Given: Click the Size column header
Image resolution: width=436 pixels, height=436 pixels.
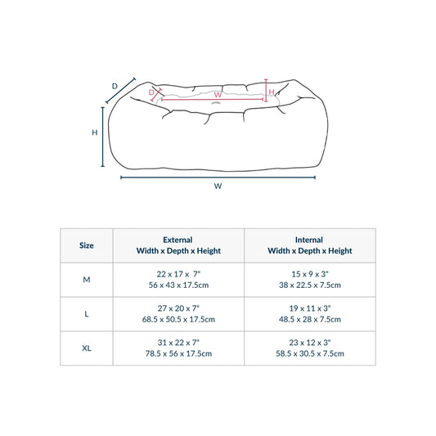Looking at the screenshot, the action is pos(87,245).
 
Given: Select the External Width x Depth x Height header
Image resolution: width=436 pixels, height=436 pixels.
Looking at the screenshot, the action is pos(178,245).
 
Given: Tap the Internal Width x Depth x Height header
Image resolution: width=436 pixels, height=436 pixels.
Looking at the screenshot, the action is pos(310,245).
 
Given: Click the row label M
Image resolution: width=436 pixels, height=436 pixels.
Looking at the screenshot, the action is pos(87,280).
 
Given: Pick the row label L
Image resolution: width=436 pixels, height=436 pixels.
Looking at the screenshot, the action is pos(87,314).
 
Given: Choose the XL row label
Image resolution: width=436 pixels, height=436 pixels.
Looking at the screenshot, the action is pos(87,348).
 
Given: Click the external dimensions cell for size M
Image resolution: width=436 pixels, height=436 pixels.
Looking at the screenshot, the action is pos(178,280).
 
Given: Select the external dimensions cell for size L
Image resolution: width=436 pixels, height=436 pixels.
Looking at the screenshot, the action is pos(178,313).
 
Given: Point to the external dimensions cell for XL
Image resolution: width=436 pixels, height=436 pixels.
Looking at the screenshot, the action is pos(178,348).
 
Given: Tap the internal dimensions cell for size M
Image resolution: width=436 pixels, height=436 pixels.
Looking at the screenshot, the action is pos(310,280).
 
